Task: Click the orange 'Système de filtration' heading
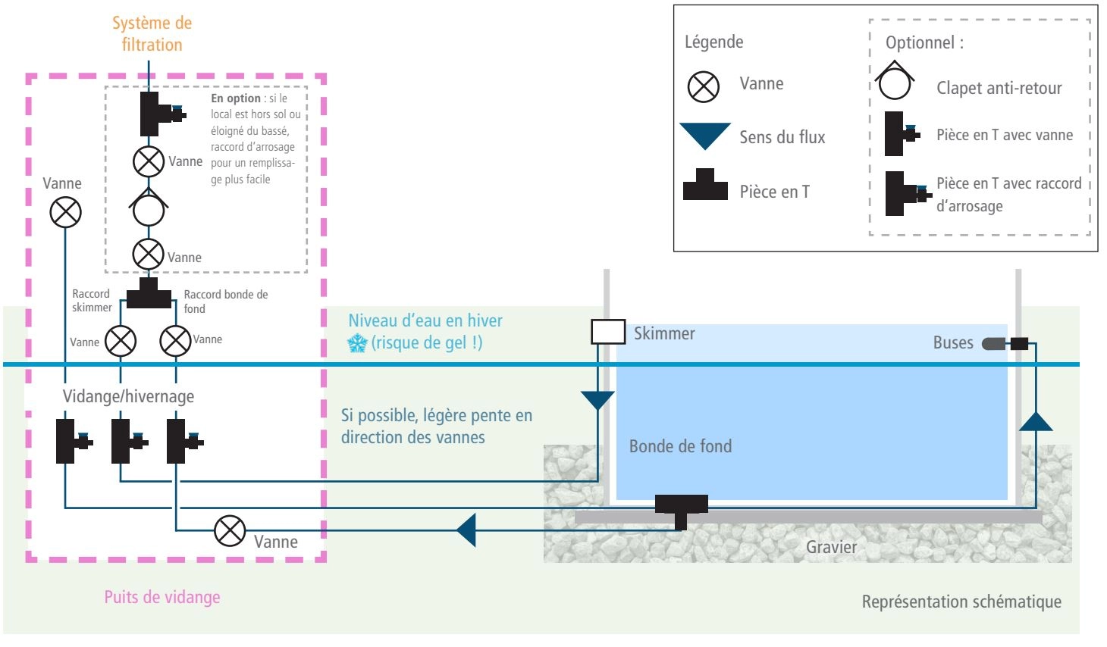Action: pyautogui.click(x=152, y=33)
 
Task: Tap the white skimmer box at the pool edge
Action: pyautogui.click(x=608, y=332)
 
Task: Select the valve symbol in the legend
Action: pyautogui.click(x=703, y=86)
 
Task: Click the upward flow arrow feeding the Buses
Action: pyautogui.click(x=1036, y=421)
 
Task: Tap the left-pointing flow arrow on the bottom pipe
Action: pyautogui.click(x=466, y=530)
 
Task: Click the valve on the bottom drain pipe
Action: pyautogui.click(x=230, y=531)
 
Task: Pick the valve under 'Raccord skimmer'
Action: pyautogui.click(x=121, y=341)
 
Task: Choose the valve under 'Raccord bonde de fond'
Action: pyautogui.click(x=175, y=341)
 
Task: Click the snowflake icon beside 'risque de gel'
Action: pyautogui.click(x=357, y=343)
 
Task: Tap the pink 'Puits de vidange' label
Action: pyautogui.click(x=162, y=598)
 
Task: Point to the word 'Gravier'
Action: pyautogui.click(x=831, y=547)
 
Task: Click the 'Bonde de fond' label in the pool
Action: pyautogui.click(x=680, y=446)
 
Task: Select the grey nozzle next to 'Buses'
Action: pyautogui.click(x=993, y=344)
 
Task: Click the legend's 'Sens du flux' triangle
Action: pyautogui.click(x=705, y=136)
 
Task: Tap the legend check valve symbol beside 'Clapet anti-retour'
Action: pyautogui.click(x=895, y=81)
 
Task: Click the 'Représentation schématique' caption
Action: pyautogui.click(x=961, y=602)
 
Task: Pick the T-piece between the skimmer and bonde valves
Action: pyautogui.click(x=149, y=293)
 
